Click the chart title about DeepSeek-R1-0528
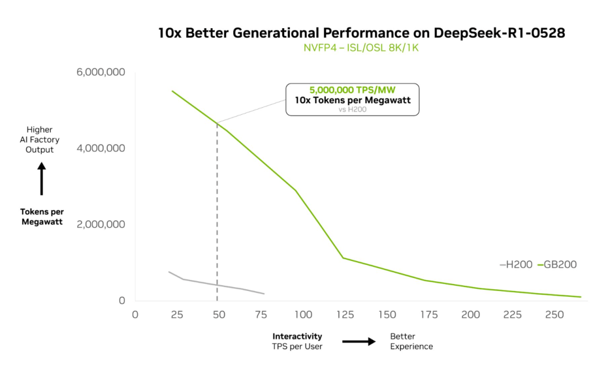pyautogui.click(x=361, y=33)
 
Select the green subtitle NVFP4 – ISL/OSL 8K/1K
pyautogui.click(x=361, y=48)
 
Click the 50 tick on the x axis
pyautogui.click(x=218, y=315)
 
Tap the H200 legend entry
pyautogui.click(x=516, y=264)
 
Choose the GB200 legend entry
pyautogui.click(x=557, y=264)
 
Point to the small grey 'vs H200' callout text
pyautogui.click(x=352, y=110)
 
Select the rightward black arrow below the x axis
pyautogui.click(x=359, y=341)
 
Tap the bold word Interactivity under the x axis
pyautogui.click(x=298, y=337)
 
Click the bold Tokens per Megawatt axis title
pyautogui.click(x=42, y=217)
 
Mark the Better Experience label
pyautogui.click(x=411, y=341)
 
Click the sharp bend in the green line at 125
pyautogui.click(x=342, y=258)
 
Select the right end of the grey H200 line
pyautogui.click(x=264, y=294)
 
